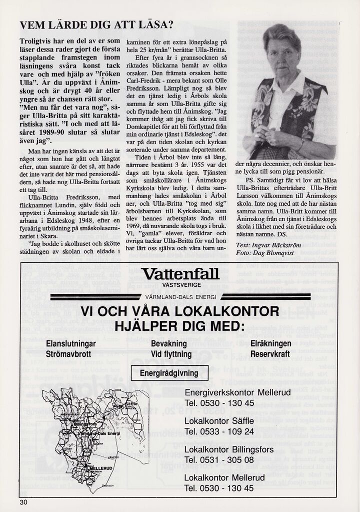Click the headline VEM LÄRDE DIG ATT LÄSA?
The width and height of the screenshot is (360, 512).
pos(96,25)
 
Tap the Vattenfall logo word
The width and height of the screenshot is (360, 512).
pos(180,274)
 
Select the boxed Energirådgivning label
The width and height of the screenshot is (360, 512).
pos(168,373)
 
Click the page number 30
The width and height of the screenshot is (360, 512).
pos(24,502)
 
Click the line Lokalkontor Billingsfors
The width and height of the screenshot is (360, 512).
pos(229,449)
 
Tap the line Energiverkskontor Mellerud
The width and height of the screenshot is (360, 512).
pos(237,393)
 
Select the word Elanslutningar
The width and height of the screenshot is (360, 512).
pos(71,344)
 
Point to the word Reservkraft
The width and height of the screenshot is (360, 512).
pos(270,354)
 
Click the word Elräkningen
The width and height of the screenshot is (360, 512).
pos(270,344)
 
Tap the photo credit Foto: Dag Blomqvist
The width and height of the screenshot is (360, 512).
pos(265,254)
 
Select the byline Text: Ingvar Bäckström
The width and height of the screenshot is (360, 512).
pos(268,246)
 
